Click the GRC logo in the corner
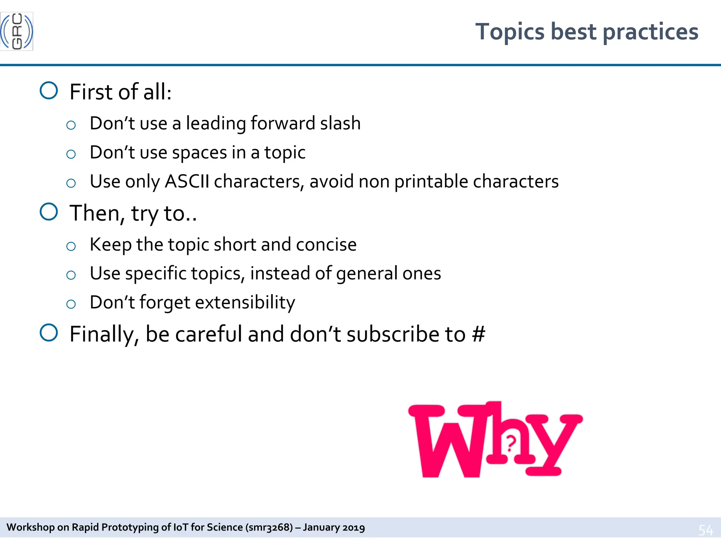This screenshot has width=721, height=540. pyautogui.click(x=17, y=31)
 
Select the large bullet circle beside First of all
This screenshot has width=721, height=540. pyautogui.click(x=49, y=91)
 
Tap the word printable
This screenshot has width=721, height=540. pyautogui.click(x=431, y=182)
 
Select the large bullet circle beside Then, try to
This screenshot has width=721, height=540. pyautogui.click(x=49, y=212)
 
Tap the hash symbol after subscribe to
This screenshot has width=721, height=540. pyautogui.click(x=478, y=334)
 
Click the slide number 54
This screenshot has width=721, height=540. pyautogui.click(x=706, y=529)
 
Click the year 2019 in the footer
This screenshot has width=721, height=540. pyautogui.click(x=353, y=527)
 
